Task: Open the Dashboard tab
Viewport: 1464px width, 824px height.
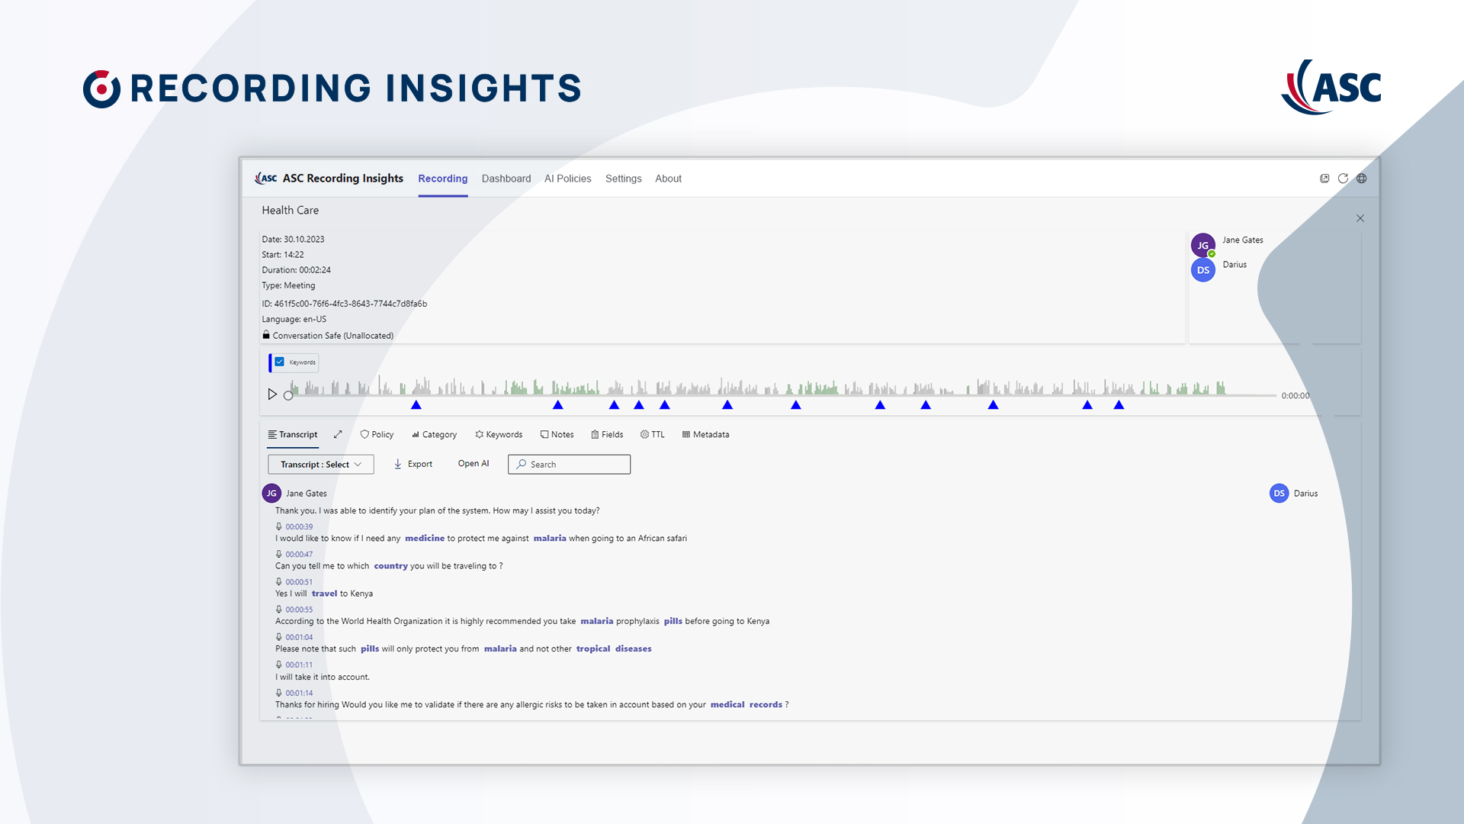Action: coord(506,179)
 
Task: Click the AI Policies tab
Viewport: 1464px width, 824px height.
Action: coord(567,179)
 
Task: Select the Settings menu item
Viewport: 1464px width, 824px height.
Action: coord(623,179)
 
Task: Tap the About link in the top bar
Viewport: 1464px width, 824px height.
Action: coord(668,179)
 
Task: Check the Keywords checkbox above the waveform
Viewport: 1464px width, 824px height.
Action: coord(280,362)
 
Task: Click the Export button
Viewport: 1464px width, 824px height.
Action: coord(413,464)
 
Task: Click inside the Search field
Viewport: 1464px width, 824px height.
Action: coord(569,464)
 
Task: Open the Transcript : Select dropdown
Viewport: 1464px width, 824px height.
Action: coord(321,464)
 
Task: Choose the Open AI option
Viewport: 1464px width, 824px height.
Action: coord(474,463)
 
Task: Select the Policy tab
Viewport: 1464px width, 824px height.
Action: coord(377,434)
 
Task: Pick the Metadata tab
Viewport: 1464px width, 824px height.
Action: coord(705,434)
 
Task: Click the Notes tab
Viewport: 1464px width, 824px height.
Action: coord(557,434)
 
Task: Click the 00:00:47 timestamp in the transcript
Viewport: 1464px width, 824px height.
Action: coord(299,555)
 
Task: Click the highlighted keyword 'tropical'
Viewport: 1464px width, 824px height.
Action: coord(593,649)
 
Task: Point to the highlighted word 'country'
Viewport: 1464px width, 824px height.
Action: coord(390,566)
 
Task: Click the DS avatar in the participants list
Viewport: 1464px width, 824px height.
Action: coord(1203,270)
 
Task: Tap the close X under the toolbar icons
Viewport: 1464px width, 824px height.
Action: coord(1360,218)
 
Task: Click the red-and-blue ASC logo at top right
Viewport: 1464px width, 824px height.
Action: coord(1331,87)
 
